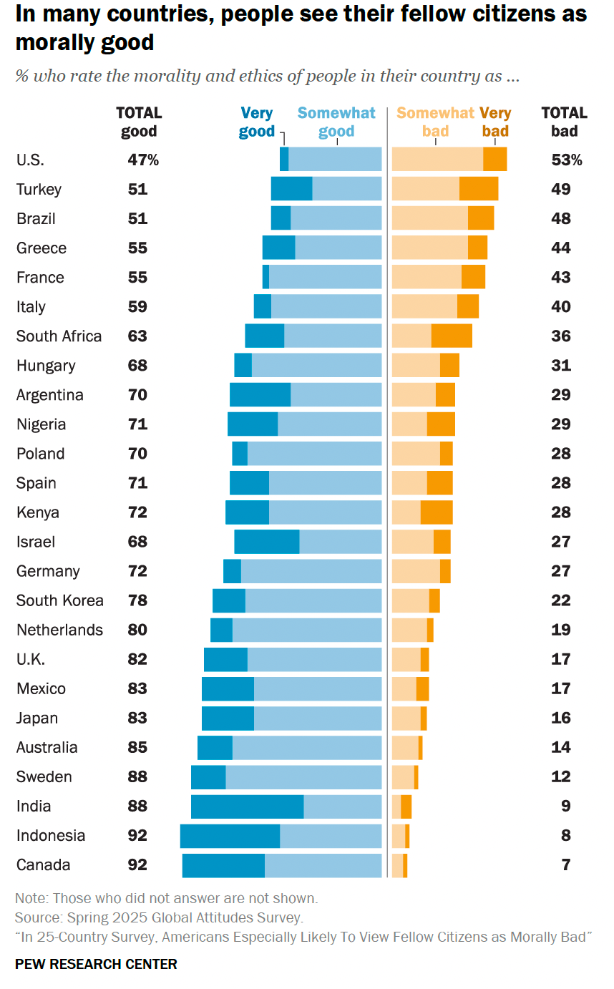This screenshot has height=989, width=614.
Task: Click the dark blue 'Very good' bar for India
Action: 247,807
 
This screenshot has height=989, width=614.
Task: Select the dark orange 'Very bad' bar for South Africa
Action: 452,336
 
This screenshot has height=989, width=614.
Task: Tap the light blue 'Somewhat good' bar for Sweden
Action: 303,777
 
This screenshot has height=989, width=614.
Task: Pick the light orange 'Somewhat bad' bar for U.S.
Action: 437,159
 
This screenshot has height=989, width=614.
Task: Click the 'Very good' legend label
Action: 257,122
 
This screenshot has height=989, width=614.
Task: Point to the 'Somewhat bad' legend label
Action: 435,122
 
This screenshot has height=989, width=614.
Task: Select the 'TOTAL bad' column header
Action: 564,122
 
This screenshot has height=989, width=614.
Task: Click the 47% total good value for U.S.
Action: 143,160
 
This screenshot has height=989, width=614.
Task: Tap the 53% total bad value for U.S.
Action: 567,160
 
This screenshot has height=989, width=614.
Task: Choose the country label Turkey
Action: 39,189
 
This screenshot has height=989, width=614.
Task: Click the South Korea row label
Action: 60,600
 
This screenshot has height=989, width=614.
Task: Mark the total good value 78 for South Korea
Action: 137,600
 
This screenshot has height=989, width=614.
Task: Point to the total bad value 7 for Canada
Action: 566,864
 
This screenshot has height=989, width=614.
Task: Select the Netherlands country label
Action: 60,630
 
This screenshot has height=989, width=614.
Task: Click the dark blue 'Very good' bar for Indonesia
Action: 230,836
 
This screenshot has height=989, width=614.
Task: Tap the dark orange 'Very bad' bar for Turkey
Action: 479,188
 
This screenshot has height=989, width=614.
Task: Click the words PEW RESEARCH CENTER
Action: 96,964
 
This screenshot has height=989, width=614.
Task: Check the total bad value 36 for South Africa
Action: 561,336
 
